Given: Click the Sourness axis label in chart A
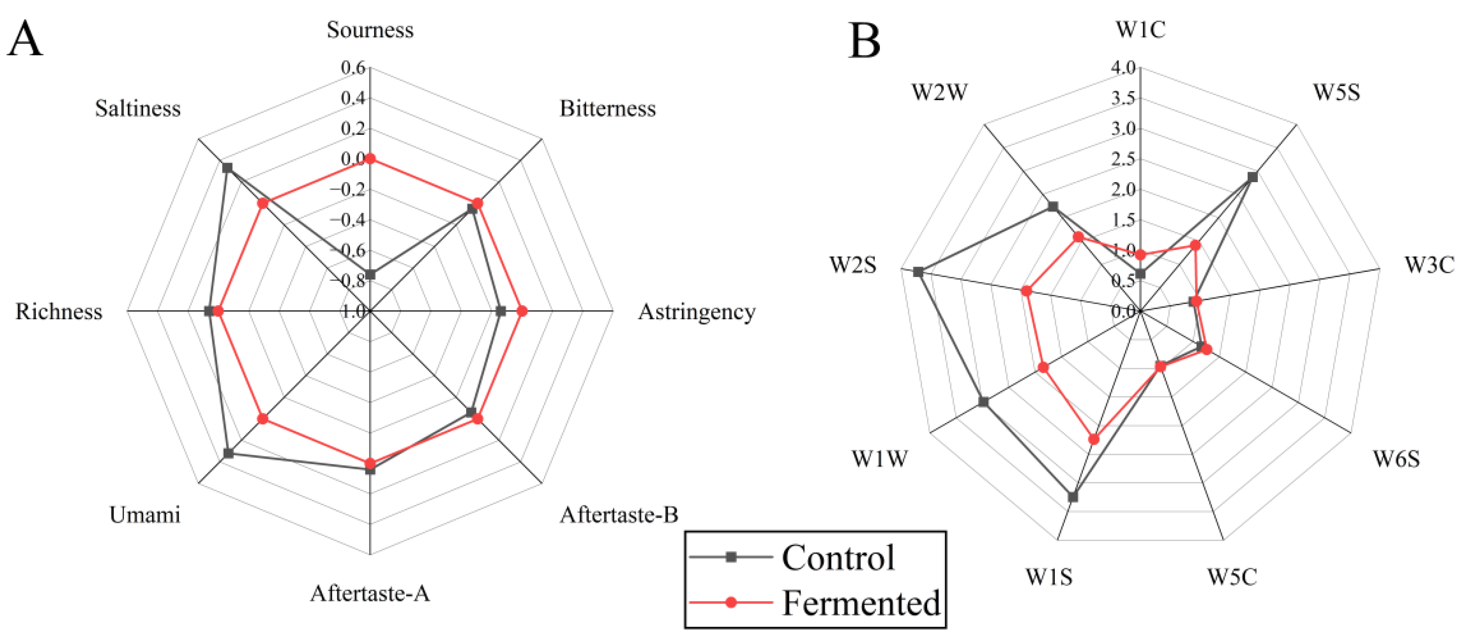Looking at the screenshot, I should point(370,29).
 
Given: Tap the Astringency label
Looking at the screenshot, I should point(697,312).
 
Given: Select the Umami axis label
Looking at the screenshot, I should point(145,515).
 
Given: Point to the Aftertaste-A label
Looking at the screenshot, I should point(370,594).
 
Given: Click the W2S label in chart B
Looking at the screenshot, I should point(852,265).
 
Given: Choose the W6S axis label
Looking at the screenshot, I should point(1396,459).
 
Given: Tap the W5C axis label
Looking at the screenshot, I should point(1232,577).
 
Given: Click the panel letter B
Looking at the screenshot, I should point(864,41).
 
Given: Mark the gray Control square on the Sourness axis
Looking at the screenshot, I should point(370,275).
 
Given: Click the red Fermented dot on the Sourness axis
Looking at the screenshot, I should point(370,159).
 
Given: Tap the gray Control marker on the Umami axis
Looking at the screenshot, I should point(228,454).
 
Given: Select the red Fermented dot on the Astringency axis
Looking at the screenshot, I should point(522,311).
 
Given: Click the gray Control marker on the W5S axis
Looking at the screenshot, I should point(1252,177).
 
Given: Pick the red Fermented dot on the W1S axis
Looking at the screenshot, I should point(1093,439).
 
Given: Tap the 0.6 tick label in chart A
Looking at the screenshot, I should point(353,68).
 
